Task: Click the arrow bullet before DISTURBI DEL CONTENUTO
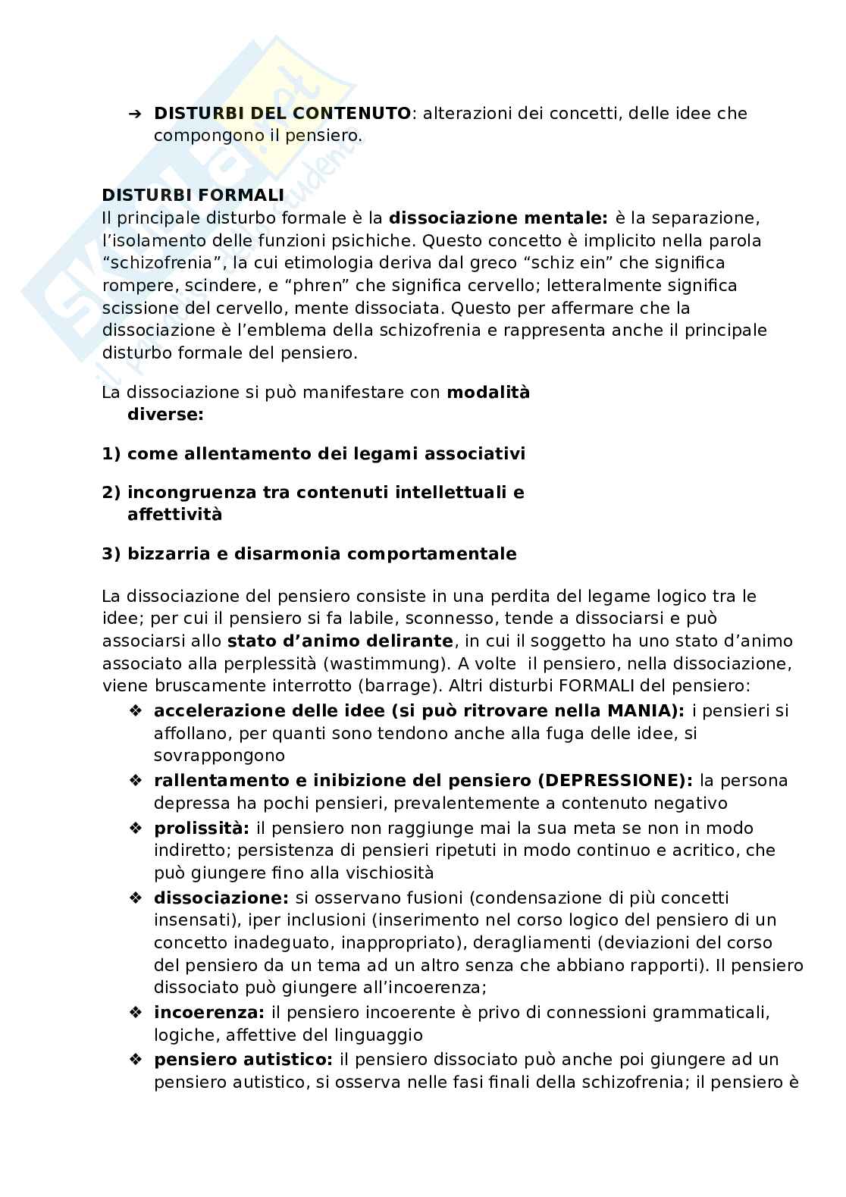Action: pos(135,114)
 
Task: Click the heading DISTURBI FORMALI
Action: pos(193,195)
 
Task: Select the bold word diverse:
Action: pos(165,415)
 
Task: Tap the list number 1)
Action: pos(111,454)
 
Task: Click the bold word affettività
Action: pos(174,515)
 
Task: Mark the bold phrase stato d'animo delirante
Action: pos(340,641)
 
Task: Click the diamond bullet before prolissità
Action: pos(136,829)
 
